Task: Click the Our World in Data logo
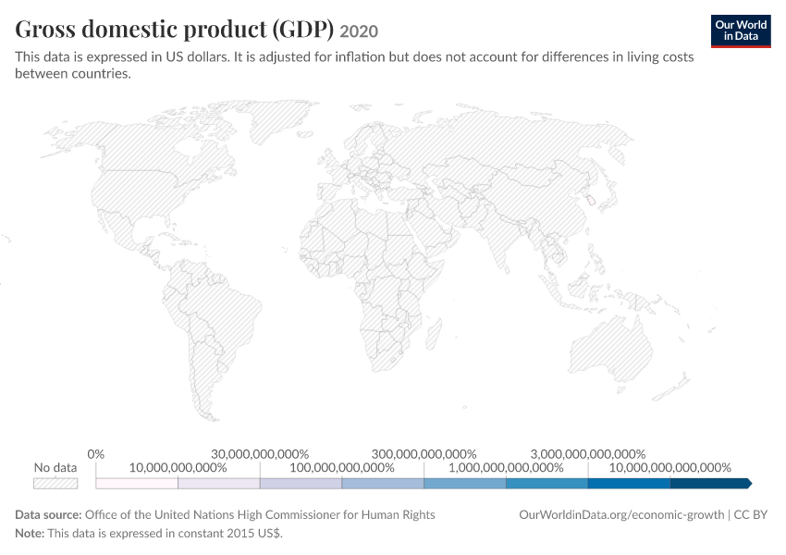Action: (x=741, y=31)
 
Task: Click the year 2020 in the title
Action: (x=359, y=31)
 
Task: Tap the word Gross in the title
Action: (x=44, y=29)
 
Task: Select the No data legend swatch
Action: (x=55, y=483)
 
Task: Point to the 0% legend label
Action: (x=96, y=454)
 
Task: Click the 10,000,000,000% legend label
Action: (x=178, y=468)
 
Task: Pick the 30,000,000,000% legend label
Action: (x=260, y=454)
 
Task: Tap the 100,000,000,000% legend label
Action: (x=342, y=468)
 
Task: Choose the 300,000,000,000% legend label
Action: (x=424, y=454)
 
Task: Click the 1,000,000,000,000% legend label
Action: (x=506, y=468)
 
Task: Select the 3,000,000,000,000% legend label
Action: (x=588, y=454)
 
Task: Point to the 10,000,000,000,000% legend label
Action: (x=669, y=468)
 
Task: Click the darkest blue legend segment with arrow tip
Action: (x=711, y=483)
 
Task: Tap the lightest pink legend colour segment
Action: (x=137, y=483)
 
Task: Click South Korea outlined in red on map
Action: (x=591, y=201)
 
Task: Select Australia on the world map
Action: (x=610, y=350)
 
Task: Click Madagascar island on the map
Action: (x=434, y=335)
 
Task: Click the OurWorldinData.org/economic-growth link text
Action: (x=621, y=515)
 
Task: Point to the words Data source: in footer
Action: (x=48, y=515)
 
